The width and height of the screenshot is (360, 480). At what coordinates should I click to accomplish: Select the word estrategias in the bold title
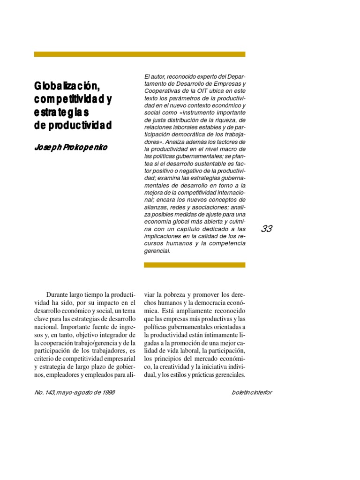[61, 113]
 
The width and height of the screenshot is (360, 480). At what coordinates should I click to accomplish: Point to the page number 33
[267, 229]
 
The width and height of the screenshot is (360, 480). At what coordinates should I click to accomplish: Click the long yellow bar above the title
[140, 54]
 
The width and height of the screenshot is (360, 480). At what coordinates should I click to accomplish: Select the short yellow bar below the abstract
[195, 265]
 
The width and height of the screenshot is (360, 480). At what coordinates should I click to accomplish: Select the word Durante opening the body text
[60, 295]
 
